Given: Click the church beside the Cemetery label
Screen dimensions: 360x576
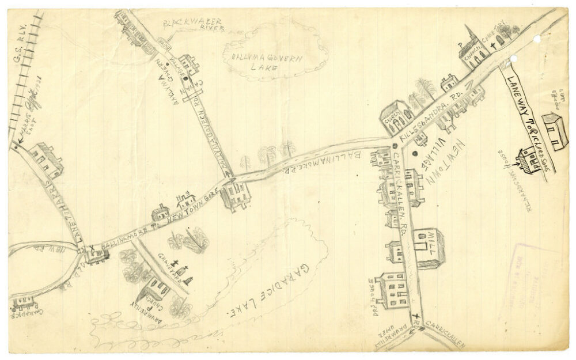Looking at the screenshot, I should click(x=473, y=51).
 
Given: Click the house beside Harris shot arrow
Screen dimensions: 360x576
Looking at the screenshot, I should click(x=46, y=160).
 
